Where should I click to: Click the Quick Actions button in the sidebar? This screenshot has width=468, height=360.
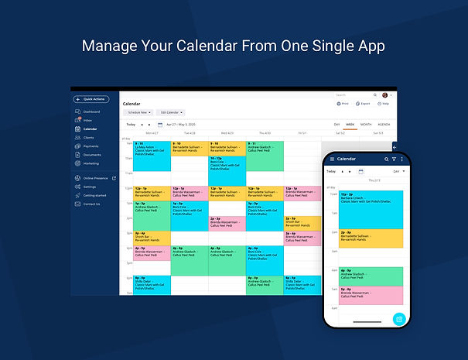click(91, 99)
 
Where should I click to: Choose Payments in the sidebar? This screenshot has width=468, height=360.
click(91, 146)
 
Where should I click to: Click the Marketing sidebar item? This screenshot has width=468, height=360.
click(91, 163)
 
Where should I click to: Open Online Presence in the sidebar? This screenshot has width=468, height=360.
click(96, 178)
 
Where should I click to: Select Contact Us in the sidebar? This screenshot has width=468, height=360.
click(91, 204)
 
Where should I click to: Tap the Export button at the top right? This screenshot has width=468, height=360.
click(364, 103)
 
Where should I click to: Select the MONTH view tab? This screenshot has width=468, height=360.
click(366, 124)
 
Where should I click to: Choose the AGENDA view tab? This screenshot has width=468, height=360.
click(384, 124)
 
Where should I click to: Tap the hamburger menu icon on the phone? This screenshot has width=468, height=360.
click(331, 159)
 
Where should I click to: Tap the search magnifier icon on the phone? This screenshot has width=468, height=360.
click(386, 159)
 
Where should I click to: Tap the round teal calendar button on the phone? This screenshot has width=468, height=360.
click(399, 318)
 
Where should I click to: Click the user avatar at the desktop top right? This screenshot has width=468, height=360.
click(385, 95)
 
